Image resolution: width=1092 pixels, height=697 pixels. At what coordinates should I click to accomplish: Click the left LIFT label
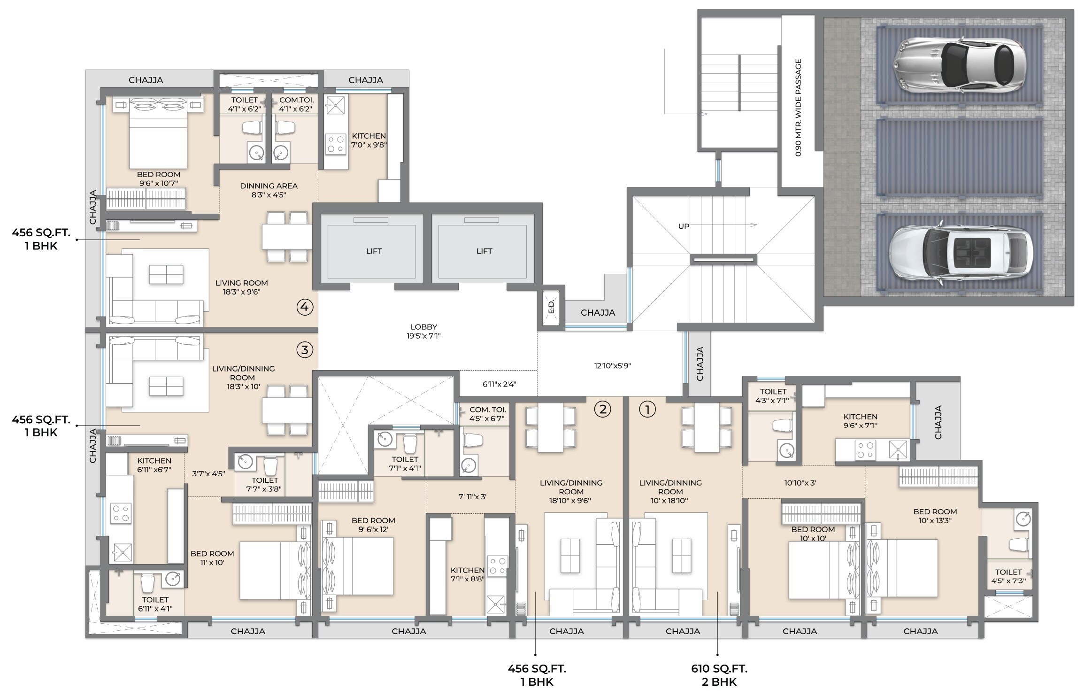point(374,251)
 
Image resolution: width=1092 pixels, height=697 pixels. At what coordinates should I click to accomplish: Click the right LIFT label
point(484,251)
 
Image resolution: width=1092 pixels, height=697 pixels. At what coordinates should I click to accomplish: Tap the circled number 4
point(305,307)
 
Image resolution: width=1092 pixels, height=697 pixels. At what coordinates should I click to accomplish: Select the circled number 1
point(647,410)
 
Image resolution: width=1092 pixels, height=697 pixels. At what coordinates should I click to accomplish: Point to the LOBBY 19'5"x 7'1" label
point(423,331)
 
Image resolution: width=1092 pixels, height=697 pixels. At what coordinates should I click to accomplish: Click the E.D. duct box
point(552,307)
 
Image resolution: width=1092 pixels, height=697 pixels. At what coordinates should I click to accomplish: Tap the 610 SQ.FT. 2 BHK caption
point(719,674)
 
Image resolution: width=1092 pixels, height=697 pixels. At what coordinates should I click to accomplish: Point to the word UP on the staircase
point(684,226)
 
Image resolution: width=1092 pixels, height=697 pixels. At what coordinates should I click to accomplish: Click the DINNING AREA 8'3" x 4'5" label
point(269,190)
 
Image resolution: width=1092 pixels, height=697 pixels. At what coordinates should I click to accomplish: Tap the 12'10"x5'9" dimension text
point(613,365)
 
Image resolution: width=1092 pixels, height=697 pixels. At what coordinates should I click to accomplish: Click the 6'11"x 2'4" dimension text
point(499,384)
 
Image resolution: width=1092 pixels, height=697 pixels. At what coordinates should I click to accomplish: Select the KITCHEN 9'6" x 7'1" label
point(860,421)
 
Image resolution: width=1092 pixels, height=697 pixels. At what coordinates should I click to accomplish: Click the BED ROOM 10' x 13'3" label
point(935,516)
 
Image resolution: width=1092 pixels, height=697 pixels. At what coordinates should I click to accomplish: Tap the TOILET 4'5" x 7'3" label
point(1008,576)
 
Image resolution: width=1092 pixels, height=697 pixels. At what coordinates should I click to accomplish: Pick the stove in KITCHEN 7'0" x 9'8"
point(335,144)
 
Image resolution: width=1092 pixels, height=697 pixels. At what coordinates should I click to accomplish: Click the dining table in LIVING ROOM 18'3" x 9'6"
point(286,237)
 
